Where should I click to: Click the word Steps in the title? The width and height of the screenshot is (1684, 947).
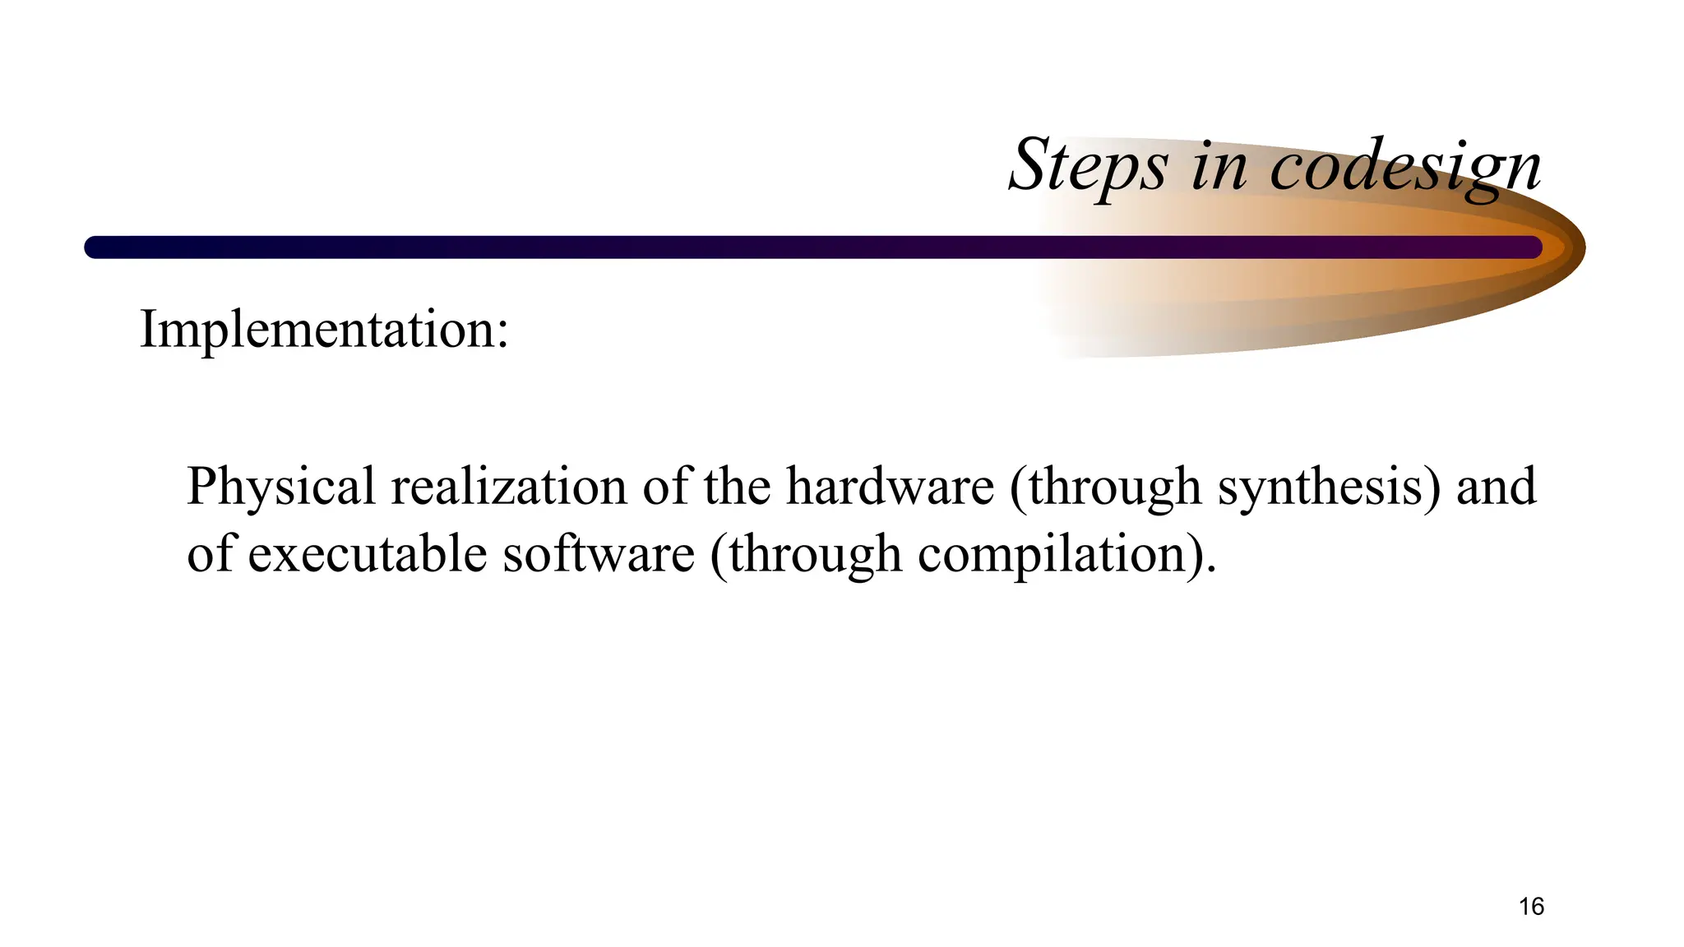tap(1087, 167)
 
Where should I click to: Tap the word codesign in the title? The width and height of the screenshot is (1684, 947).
tap(1405, 167)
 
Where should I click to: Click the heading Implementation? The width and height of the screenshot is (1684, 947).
tap(324, 330)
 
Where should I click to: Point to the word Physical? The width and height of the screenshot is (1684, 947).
tap(280, 487)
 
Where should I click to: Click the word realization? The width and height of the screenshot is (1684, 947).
tap(508, 487)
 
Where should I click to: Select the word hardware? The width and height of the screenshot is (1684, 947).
tap(890, 487)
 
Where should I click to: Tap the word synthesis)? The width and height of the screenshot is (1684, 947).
tap(1329, 487)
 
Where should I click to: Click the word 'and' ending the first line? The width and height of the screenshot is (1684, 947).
tap(1496, 487)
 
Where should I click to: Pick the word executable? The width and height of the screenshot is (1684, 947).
tap(367, 554)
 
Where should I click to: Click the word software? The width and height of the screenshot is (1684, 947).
tap(599, 554)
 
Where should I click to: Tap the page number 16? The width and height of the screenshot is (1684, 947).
tap(1531, 907)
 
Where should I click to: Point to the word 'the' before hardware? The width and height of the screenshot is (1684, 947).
tap(737, 487)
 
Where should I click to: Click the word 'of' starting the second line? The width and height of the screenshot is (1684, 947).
tap(210, 554)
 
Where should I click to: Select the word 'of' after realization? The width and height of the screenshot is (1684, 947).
tap(665, 487)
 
